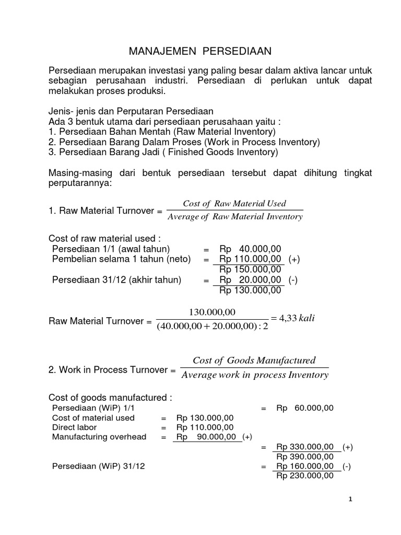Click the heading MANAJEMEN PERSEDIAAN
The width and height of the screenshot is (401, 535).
coord(200,51)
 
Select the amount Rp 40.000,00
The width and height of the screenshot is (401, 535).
coord(251,249)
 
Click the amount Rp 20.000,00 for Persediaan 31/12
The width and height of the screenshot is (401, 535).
coord(251,280)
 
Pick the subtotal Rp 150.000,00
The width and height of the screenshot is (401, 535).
coord(251,270)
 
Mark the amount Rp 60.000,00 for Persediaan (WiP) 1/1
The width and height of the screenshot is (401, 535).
coord(305,408)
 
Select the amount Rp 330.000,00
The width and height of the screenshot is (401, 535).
coord(305,447)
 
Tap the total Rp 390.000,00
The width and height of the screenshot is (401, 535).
coord(305,456)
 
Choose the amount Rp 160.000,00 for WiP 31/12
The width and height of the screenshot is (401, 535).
coord(305,466)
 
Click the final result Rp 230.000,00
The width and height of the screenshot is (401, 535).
coord(305,476)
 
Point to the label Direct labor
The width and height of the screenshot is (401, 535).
coord(74,427)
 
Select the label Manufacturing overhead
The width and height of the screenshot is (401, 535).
coord(99,437)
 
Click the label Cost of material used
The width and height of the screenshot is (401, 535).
coord(93,418)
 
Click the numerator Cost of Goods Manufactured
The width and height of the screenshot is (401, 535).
coord(254,360)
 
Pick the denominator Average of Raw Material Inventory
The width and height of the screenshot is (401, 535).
coord(234,217)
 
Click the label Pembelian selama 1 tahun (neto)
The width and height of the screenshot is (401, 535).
coord(122,259)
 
